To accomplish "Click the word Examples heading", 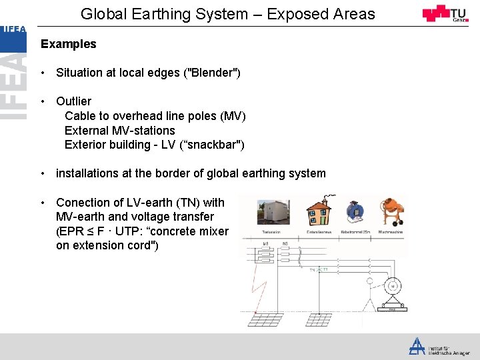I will [x=68, y=44].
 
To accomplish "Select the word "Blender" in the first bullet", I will [x=212, y=72].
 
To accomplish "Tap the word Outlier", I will [x=73, y=101].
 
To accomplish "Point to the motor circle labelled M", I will [x=393, y=287].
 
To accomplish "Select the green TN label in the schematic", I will [x=313, y=270].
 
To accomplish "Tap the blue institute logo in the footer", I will [x=417, y=345].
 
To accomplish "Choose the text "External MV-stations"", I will [x=119, y=131].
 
